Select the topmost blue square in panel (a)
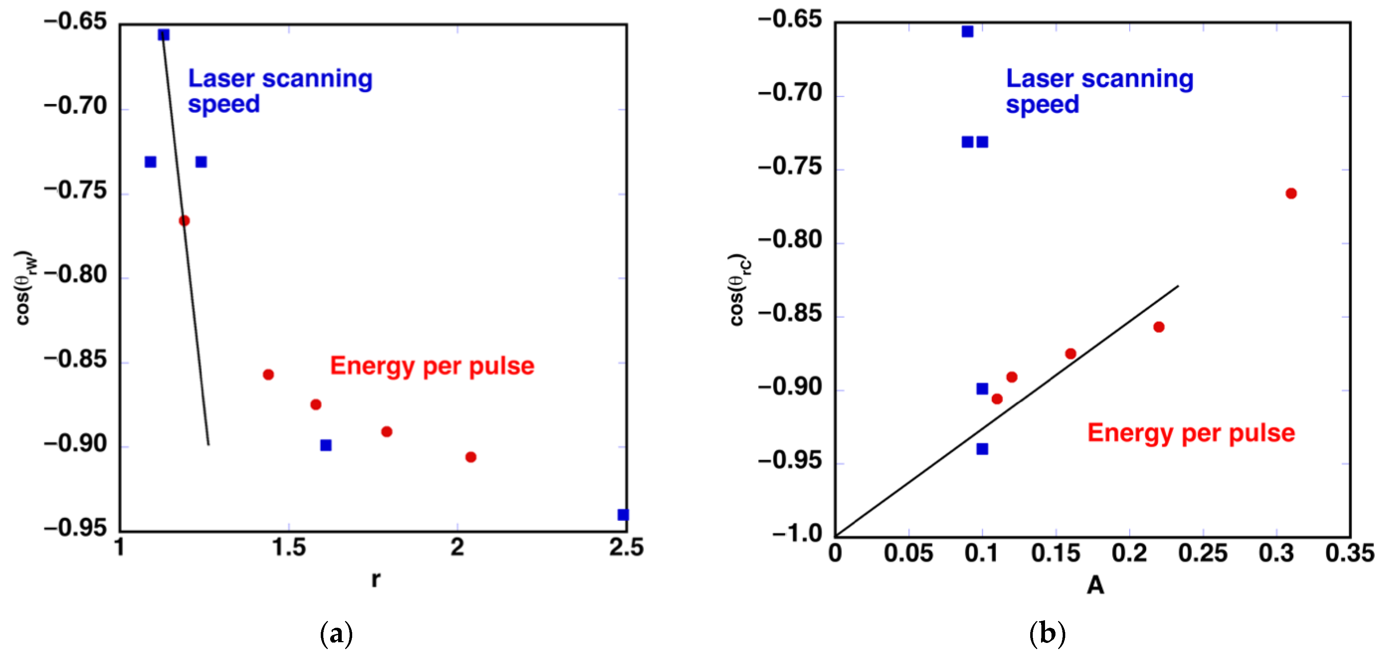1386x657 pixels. [164, 35]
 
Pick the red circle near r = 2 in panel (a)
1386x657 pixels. [470, 457]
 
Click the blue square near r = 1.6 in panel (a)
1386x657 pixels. [325, 445]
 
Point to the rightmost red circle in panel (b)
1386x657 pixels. [1291, 193]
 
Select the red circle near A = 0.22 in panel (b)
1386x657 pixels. [1158, 327]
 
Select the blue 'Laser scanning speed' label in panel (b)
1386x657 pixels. [1099, 91]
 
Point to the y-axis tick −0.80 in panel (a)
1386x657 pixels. [76, 275]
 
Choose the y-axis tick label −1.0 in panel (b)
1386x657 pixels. [797, 534]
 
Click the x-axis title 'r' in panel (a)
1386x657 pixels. [376, 579]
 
